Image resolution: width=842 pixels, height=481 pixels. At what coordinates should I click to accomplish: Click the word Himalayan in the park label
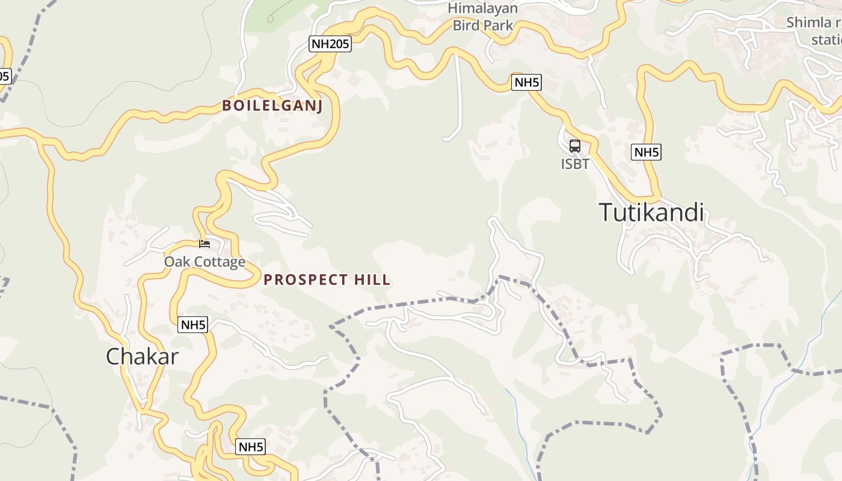(x=483, y=8)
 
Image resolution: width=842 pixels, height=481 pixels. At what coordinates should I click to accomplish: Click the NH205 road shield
(x=330, y=43)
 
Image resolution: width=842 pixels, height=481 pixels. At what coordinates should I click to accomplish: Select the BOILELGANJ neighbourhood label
(x=272, y=106)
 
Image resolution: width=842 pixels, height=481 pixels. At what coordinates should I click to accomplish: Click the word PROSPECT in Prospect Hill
(x=306, y=280)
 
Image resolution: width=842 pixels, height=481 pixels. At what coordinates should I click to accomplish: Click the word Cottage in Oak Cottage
(x=218, y=262)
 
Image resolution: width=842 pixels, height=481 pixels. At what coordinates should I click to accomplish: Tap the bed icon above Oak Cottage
(x=204, y=244)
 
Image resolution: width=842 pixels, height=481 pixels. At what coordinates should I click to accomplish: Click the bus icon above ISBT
(x=575, y=146)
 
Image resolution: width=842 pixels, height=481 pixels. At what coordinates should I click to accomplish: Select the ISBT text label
(x=575, y=164)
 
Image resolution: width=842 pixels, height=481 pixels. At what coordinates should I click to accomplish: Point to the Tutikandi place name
(x=651, y=213)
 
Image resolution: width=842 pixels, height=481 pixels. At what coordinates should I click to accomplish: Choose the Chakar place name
(x=143, y=357)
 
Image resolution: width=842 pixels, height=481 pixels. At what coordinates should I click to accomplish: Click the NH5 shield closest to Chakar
(x=193, y=325)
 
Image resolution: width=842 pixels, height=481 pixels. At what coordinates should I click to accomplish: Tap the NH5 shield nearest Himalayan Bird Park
(x=526, y=82)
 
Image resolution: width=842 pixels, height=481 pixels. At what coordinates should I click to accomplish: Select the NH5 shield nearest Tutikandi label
(x=647, y=152)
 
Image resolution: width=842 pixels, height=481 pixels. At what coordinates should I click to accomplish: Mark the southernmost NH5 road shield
(x=251, y=447)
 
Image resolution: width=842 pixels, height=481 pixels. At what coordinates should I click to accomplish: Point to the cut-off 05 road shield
(x=4, y=76)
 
